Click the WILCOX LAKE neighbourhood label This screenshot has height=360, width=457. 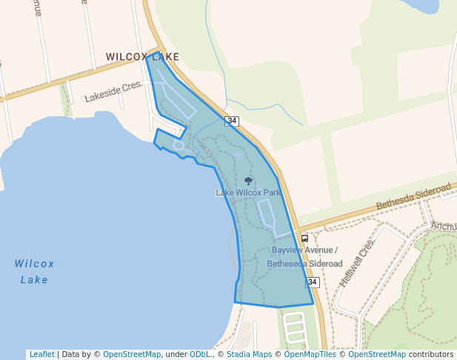pos(142,56)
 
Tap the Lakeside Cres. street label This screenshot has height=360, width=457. pos(113,92)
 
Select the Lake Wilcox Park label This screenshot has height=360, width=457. pos(247,193)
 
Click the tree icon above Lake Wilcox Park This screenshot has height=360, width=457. pos(248,181)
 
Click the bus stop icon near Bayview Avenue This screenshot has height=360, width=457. pos(304,239)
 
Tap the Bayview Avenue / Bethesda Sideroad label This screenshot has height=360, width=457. pos(304,256)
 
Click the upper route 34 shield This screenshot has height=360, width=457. pos(233,120)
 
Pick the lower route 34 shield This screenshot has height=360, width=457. pos(313,282)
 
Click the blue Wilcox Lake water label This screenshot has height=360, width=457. pos(34,271)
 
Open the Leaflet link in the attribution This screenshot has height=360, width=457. pos(41,354)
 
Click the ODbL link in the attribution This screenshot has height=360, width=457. pos(200,354)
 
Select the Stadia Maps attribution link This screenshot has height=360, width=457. pos(249,354)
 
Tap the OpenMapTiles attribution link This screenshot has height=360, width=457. pos(310,354)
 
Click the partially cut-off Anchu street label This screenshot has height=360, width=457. pos(443,226)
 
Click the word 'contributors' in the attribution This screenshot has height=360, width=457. pos(431,354)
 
